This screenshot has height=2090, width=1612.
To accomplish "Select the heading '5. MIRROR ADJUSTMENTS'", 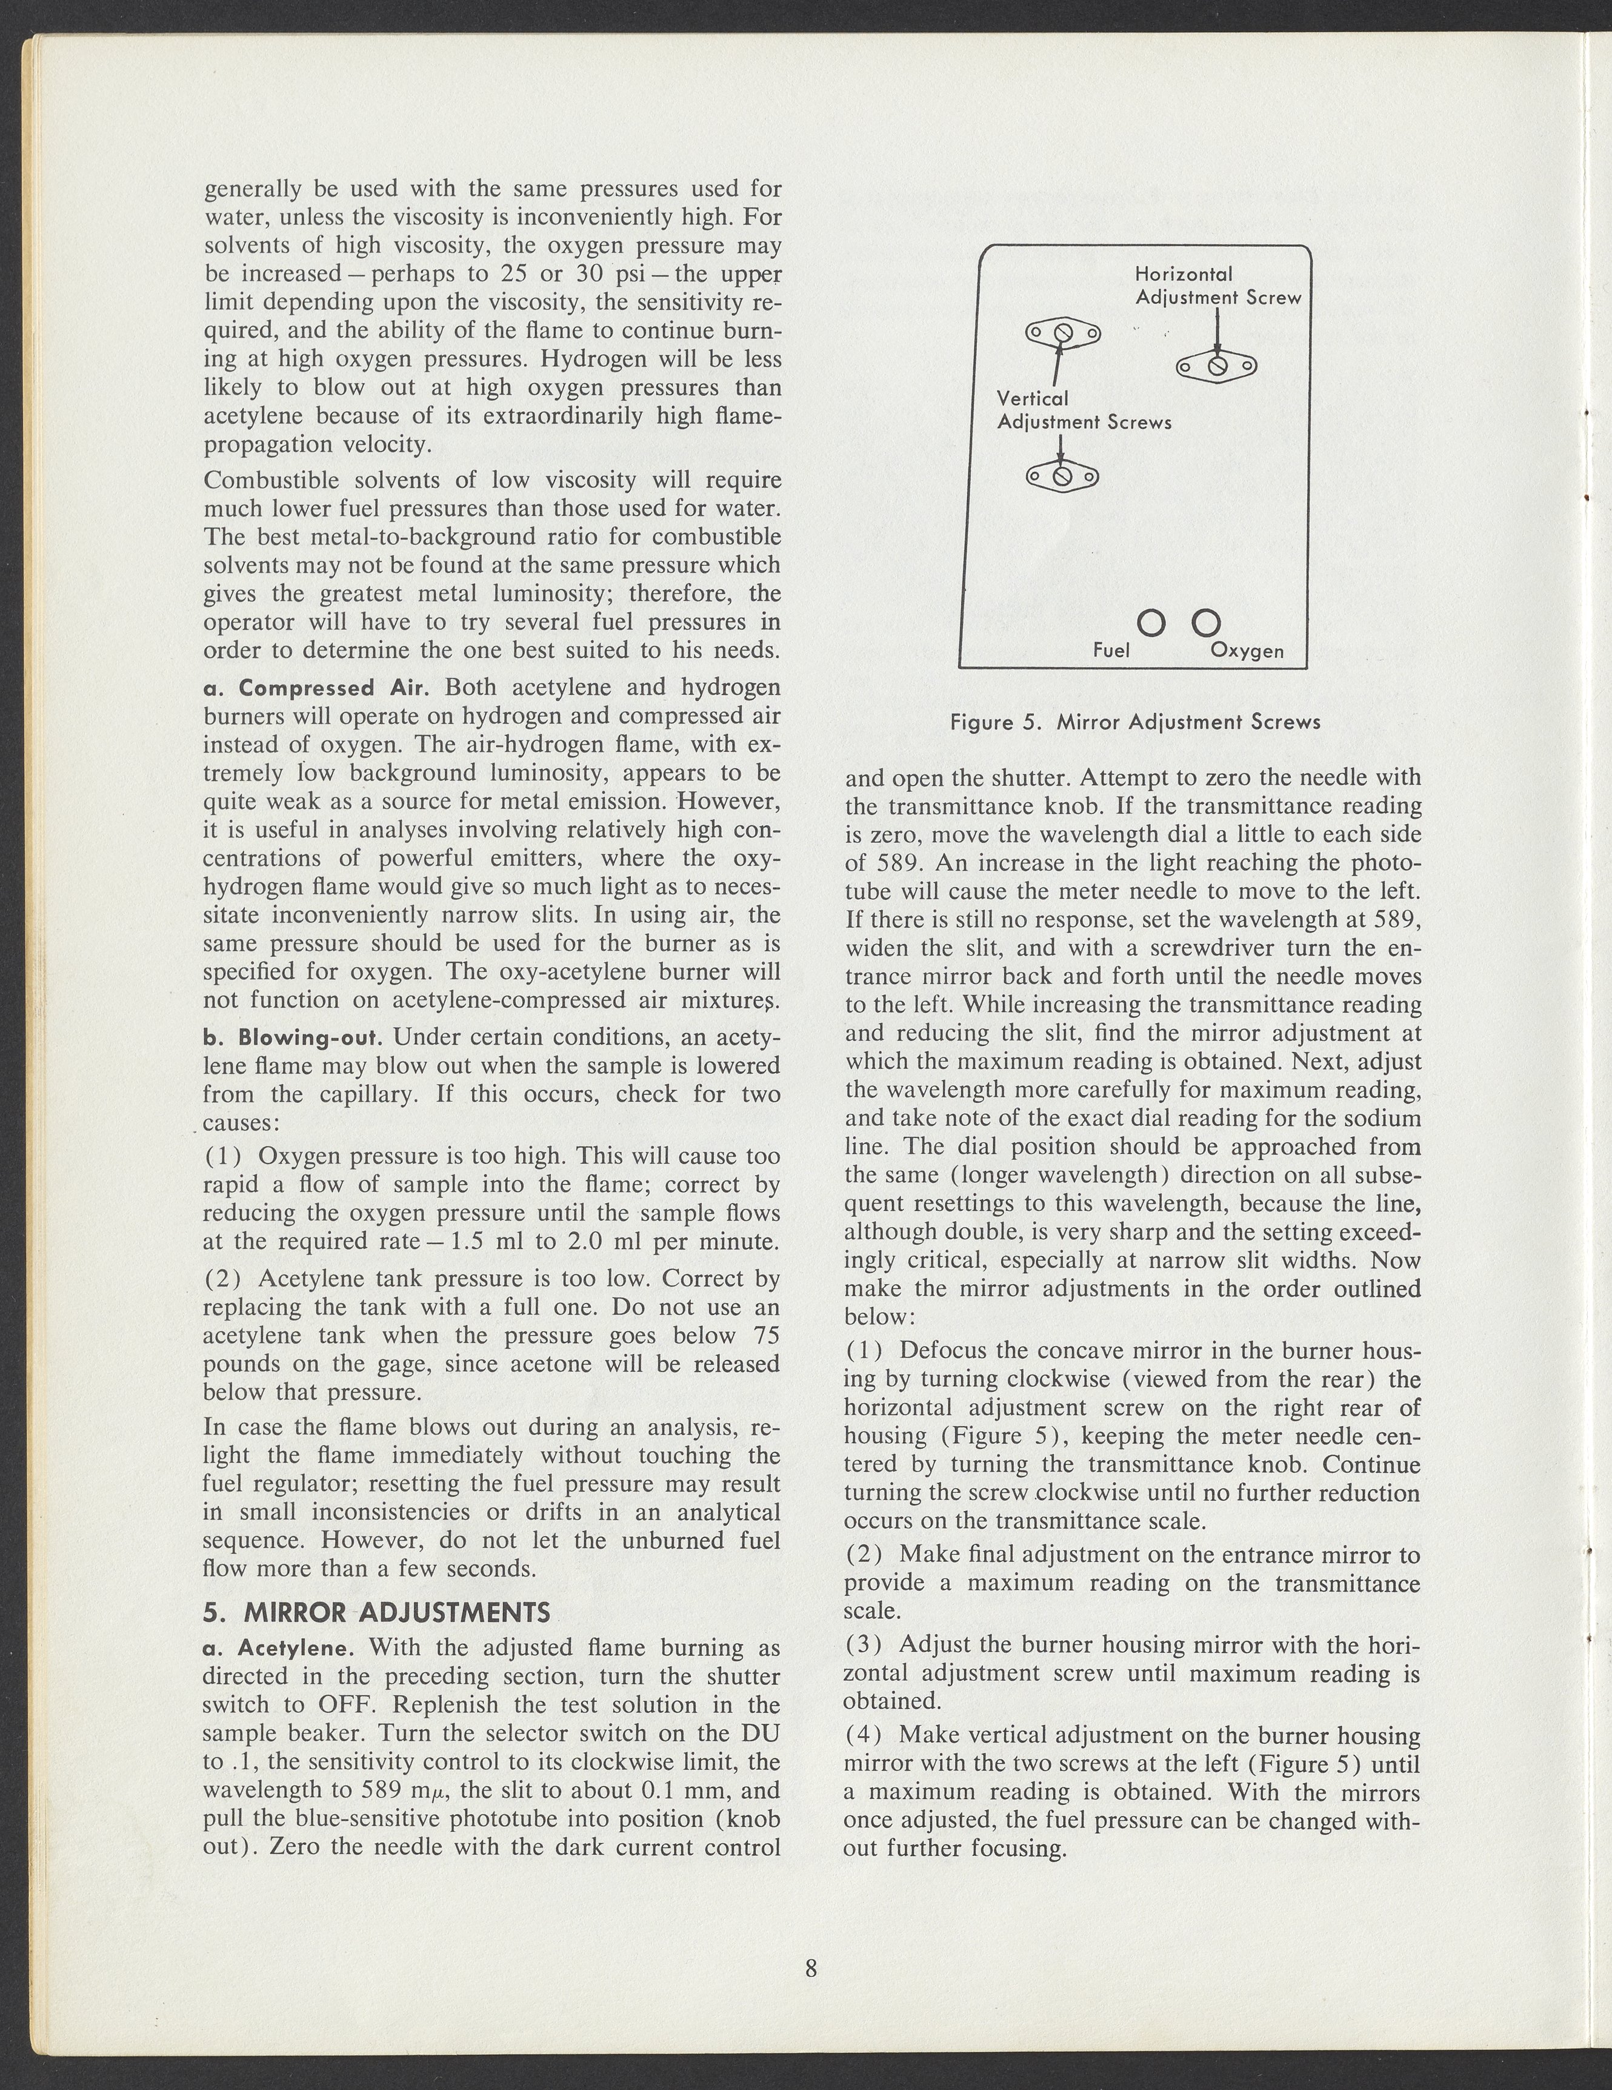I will pyautogui.click(x=377, y=1612).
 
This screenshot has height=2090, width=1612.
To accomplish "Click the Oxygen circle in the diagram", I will pyautogui.click(x=1207, y=623).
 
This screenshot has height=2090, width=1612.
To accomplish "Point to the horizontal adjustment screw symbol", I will pyautogui.click(x=1217, y=366).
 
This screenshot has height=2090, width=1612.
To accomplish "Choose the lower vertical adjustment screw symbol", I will pyautogui.click(x=1062, y=475).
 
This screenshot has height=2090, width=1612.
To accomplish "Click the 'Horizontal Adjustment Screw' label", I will pyautogui.click(x=1218, y=285).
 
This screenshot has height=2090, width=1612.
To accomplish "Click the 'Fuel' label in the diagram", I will pyautogui.click(x=1111, y=651).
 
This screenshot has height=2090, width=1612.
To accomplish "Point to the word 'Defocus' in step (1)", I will pyautogui.click(x=941, y=1351).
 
